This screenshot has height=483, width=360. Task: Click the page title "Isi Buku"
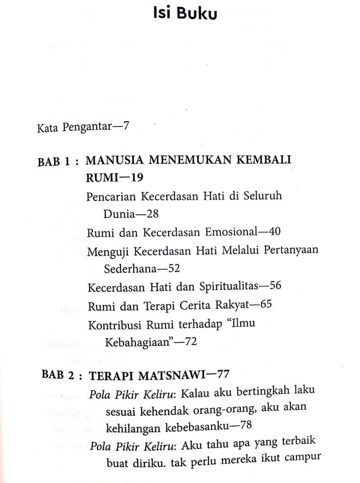tap(185, 13)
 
